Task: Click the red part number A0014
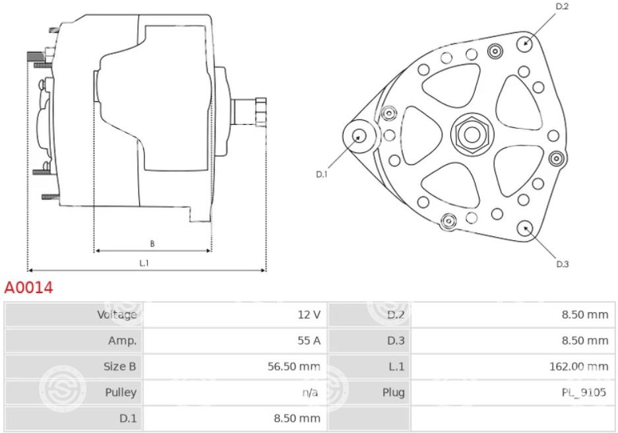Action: click(x=28, y=288)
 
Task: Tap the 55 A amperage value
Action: click(x=309, y=341)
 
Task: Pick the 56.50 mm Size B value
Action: click(x=294, y=366)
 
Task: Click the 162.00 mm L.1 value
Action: click(x=578, y=366)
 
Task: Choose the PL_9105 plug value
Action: click(x=584, y=392)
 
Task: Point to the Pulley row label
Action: click(x=121, y=392)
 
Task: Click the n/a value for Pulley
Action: click(x=310, y=392)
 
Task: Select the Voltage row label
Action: click(x=117, y=315)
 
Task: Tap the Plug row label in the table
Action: click(x=393, y=392)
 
